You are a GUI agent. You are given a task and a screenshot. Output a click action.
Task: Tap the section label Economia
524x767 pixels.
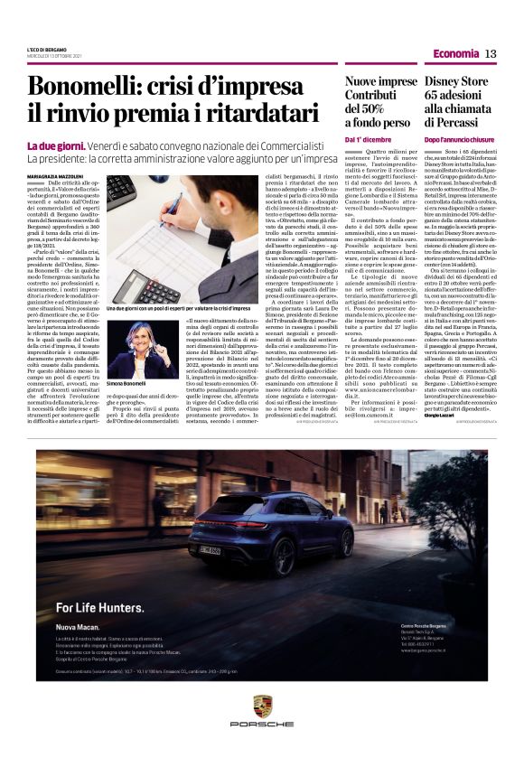tap(455, 54)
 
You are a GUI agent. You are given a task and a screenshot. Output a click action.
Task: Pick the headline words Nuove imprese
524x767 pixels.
tap(380, 81)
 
